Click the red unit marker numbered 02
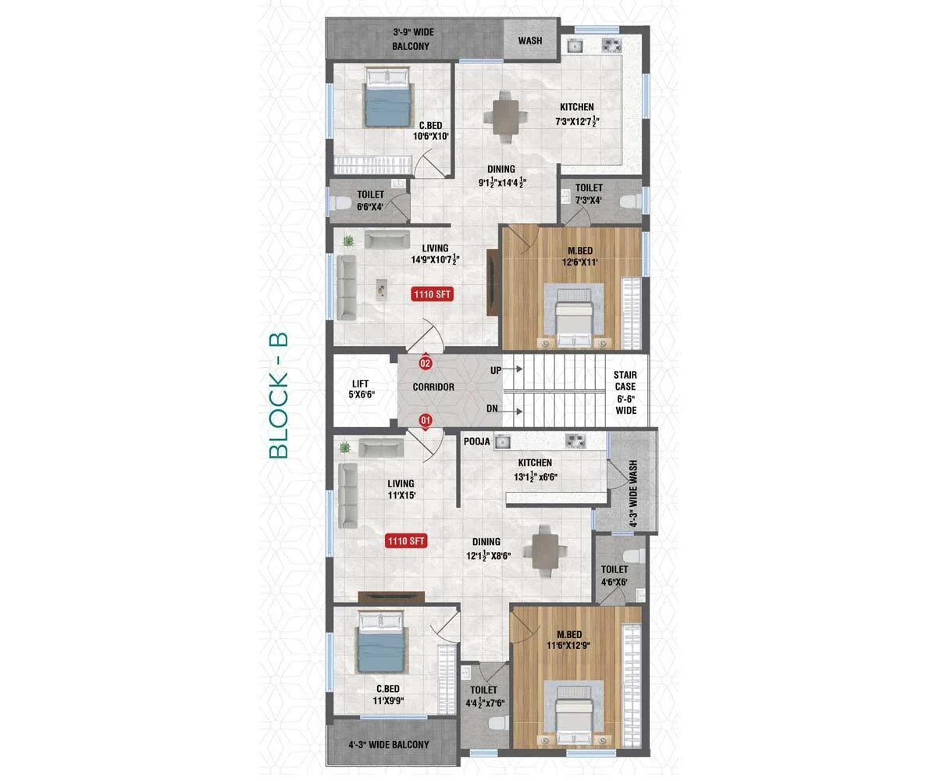425,362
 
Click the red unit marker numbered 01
426,421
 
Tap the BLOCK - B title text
278,395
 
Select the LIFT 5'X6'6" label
362,389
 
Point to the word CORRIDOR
433,387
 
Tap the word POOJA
476,442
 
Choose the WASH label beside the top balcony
530,41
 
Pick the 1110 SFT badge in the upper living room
432,294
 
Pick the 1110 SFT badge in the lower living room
406,541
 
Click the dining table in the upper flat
505,117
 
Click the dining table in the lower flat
545,551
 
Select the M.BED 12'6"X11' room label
580,256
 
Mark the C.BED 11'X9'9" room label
388,694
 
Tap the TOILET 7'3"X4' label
589,194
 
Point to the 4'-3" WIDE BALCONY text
389,744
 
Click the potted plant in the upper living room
348,241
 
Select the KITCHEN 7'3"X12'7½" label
577,114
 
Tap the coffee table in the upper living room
382,290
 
